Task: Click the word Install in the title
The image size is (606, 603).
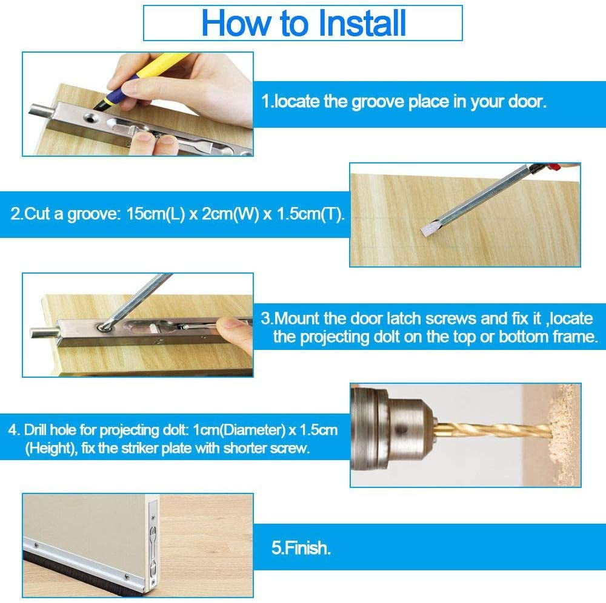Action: coord(362,23)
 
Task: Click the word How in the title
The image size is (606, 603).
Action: coord(236,23)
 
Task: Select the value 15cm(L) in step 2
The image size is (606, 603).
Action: coord(156,214)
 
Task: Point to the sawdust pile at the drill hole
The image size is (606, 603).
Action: coord(565,432)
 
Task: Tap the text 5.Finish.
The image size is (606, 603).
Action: coord(301,548)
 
